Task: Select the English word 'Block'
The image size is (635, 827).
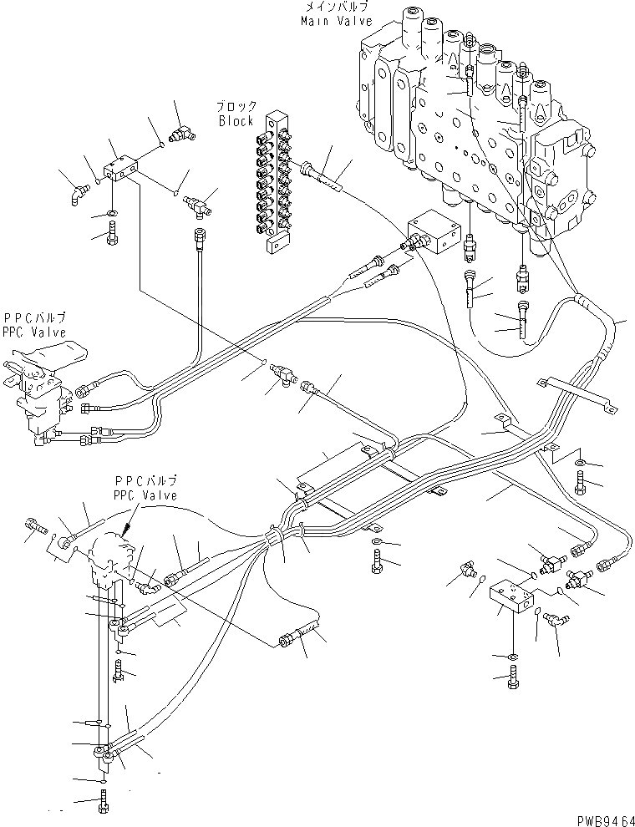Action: click(x=236, y=121)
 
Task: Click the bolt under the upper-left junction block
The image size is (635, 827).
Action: click(x=113, y=236)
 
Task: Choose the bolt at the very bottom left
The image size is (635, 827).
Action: click(x=102, y=803)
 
